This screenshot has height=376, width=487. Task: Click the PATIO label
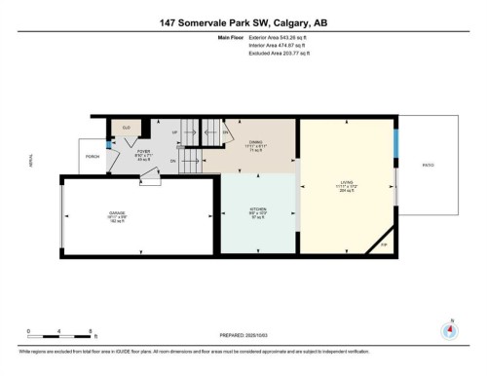point(428,165)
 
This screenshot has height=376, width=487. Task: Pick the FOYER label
point(142,151)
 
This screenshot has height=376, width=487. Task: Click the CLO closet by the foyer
point(126,128)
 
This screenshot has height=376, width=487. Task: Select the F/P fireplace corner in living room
point(383,244)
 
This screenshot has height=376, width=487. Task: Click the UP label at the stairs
point(174,132)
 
